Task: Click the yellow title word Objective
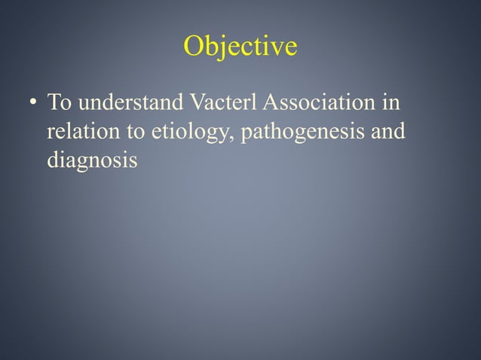[240, 47]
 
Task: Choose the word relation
[79, 132]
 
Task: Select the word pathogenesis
[297, 133]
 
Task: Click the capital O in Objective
[193, 47]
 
